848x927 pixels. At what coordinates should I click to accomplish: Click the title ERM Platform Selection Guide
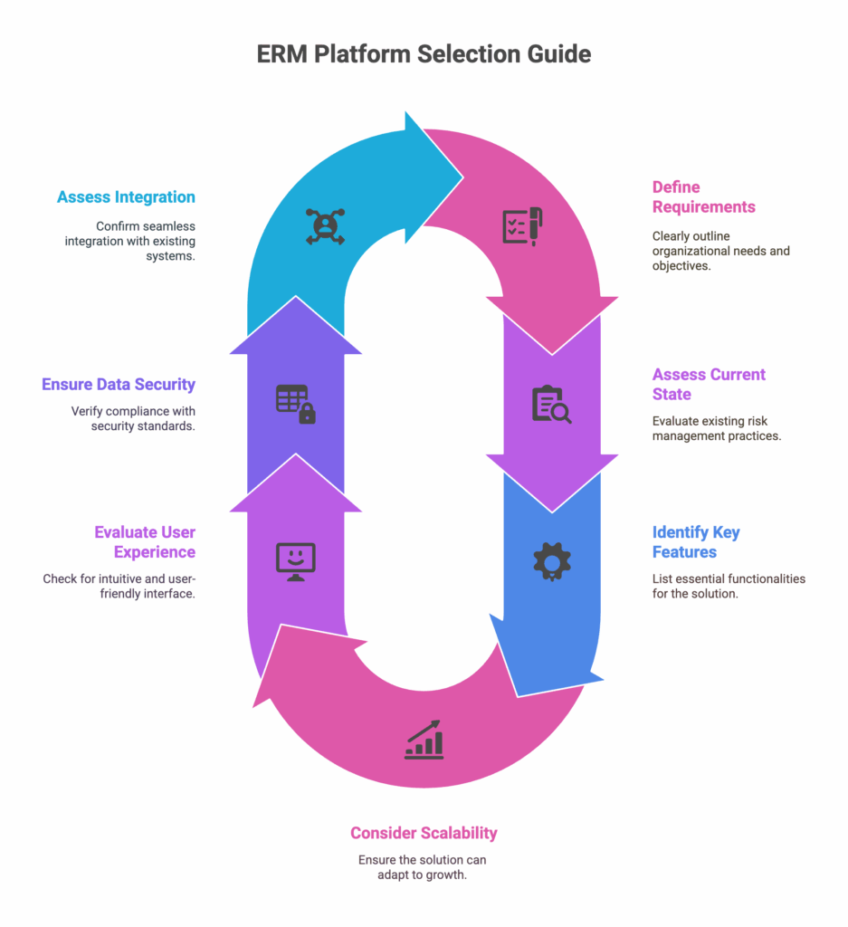click(424, 53)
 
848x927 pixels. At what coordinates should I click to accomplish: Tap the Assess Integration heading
click(126, 196)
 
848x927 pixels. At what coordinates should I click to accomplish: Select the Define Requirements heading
click(703, 196)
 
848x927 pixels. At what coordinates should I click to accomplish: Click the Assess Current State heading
click(709, 384)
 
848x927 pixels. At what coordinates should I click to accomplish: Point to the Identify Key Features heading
click(696, 541)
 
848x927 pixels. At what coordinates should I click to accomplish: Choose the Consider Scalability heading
click(424, 832)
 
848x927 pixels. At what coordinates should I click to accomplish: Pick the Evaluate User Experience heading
click(145, 541)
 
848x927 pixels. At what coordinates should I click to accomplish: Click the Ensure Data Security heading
click(119, 384)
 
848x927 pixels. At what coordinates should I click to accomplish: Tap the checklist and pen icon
click(522, 226)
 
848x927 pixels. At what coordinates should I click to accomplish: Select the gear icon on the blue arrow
click(551, 561)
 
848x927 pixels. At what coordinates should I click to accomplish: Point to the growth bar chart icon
click(424, 740)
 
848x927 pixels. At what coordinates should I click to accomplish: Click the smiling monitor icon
click(295, 561)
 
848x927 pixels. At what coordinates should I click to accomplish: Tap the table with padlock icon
click(295, 404)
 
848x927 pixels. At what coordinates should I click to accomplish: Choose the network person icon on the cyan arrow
click(320, 226)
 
